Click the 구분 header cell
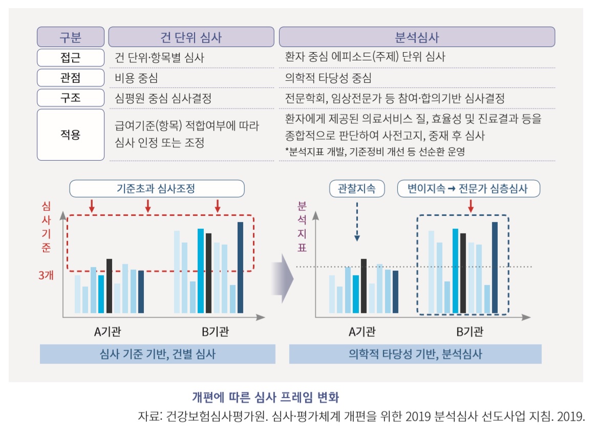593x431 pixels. [70, 37]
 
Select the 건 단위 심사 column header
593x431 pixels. [192, 37]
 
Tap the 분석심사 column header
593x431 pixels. [417, 37]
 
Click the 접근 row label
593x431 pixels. [70, 57]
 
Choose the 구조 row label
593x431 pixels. [70, 98]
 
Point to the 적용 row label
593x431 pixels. [70, 135]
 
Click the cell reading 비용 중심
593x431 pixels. [137, 78]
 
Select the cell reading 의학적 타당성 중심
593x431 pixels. [328, 78]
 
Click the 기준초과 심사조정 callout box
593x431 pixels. [156, 188]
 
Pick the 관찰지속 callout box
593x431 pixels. [357, 188]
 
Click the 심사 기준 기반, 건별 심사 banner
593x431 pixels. [157, 354]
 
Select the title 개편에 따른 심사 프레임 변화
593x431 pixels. [265, 397]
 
